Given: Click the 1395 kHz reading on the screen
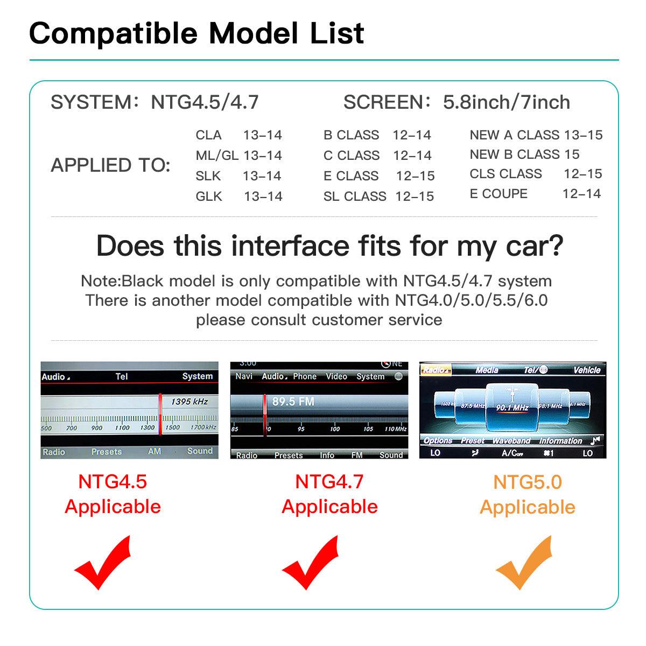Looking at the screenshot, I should click(x=189, y=402).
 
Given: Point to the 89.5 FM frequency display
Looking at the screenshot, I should click(x=293, y=402).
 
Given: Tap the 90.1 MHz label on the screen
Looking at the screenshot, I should click(x=512, y=407).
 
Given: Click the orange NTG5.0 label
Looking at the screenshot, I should click(x=527, y=482).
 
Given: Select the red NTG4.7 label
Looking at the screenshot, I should click(x=329, y=481).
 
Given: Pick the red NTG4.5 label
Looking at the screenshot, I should click(x=113, y=481).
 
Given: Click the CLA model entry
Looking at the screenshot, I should click(x=208, y=135).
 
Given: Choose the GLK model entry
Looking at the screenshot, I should click(x=209, y=196).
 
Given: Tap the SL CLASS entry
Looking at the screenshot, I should click(x=355, y=196).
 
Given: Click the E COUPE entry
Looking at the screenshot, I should click(x=498, y=194).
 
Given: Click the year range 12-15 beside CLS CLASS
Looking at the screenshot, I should click(x=582, y=174).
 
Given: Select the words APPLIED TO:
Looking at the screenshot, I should click(x=110, y=165).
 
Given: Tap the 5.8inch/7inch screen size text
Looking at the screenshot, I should click(x=506, y=102).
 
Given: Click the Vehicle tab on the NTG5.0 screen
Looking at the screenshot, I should click(x=586, y=370).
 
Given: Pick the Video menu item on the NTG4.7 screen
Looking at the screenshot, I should click(x=336, y=376).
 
